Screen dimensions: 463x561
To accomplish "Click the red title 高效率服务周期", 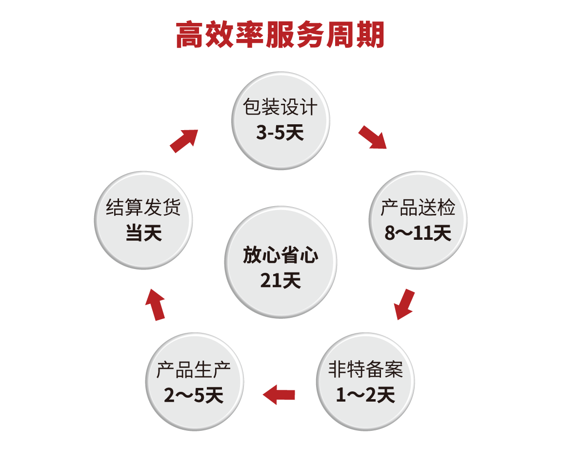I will click(x=280, y=35).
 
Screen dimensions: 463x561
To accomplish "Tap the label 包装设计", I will click(x=280, y=108).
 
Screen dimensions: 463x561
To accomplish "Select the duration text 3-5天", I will click(x=280, y=132).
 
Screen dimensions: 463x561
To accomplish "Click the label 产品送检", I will click(x=418, y=208).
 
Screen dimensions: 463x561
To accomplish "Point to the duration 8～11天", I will click(x=418, y=233).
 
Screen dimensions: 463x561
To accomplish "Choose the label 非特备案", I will click(x=365, y=370).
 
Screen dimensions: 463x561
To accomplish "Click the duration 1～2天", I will click(x=365, y=395).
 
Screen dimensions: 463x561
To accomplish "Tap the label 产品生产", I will click(x=194, y=370).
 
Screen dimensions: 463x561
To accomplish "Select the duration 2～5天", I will click(x=194, y=395).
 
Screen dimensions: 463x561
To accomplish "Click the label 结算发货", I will click(x=143, y=208).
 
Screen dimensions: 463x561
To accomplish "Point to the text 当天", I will click(x=143, y=233).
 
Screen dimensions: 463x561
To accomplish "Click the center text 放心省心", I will click(x=280, y=255).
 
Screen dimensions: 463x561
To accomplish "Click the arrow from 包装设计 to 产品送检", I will click(x=373, y=137).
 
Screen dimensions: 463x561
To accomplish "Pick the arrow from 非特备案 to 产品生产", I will click(x=280, y=394).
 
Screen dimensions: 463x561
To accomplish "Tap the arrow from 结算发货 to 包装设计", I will click(x=184, y=140).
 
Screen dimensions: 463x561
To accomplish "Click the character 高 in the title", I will click(x=190, y=35).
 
